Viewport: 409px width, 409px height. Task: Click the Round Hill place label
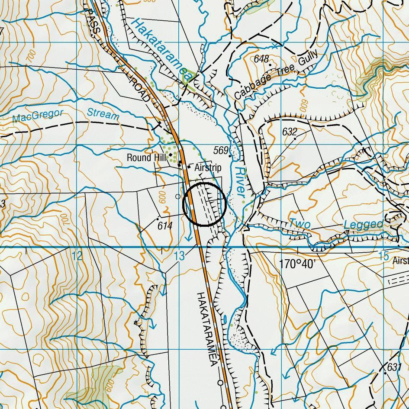(147, 158)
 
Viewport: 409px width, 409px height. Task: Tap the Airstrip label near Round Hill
(208, 167)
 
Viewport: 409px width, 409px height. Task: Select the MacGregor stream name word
(38, 116)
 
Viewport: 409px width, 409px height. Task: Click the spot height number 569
(221, 150)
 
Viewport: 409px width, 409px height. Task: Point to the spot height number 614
(165, 225)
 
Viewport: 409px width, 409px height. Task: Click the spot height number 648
(261, 59)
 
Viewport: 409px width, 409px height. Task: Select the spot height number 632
(290, 132)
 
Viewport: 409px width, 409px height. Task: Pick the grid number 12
(77, 256)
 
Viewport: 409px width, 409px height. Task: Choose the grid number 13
(179, 256)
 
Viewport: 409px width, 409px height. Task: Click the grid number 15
(383, 256)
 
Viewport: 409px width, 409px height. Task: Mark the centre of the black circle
(205, 204)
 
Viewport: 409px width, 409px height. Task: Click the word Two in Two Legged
(300, 224)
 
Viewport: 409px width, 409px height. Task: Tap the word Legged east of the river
(363, 224)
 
